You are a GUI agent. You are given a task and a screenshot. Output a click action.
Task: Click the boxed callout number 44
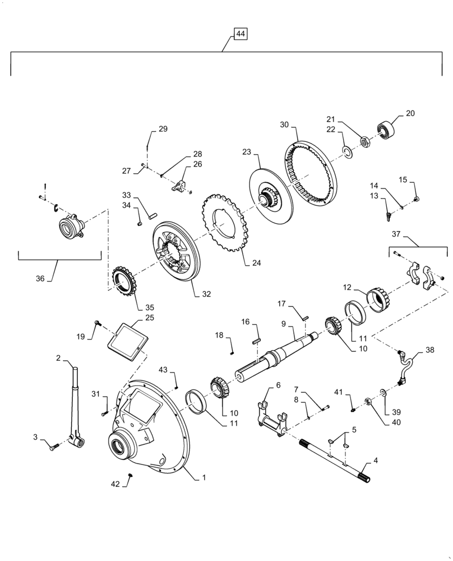pyautogui.click(x=240, y=35)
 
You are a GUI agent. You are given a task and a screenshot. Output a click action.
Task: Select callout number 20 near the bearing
pyautogui.click(x=410, y=113)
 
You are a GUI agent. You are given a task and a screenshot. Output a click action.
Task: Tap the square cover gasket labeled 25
pyautogui.click(x=130, y=339)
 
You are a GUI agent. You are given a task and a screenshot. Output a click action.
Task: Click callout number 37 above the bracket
pyautogui.click(x=397, y=234)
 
